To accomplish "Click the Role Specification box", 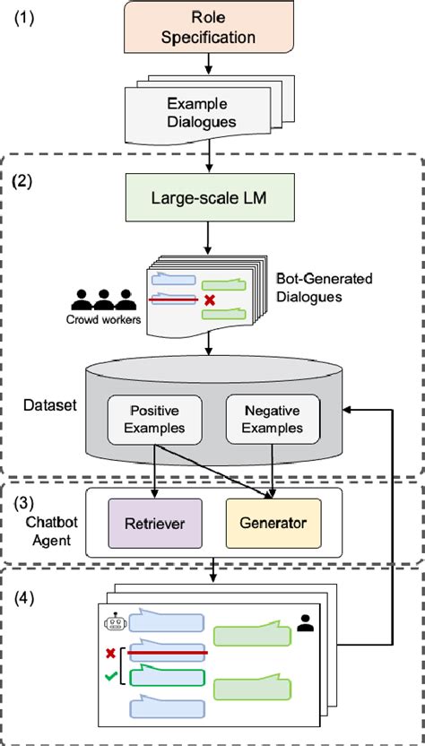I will pos(209,28).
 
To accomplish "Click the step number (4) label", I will pos(25,594).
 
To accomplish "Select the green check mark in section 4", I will pos(111,679).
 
